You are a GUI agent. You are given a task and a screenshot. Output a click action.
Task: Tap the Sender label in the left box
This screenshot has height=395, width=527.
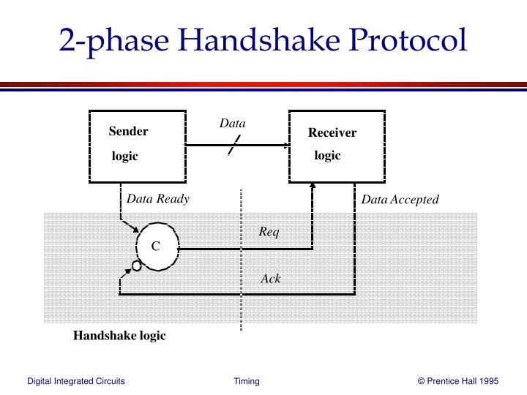(x=128, y=132)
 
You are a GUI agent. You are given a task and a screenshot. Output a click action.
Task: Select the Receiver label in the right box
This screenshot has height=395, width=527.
(x=332, y=132)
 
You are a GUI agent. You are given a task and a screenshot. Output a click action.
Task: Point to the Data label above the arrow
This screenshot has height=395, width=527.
(x=232, y=124)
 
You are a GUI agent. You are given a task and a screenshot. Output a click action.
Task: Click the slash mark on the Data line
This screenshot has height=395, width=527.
(x=232, y=146)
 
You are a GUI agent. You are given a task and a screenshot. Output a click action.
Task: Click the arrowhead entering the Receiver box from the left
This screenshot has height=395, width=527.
(x=285, y=145)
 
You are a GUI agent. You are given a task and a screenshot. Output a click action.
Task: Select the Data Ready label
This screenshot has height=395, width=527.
(x=157, y=198)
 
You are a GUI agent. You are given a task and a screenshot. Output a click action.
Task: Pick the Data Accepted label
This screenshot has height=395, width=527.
(x=400, y=199)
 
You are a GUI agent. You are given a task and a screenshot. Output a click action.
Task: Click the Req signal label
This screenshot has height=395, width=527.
(x=269, y=232)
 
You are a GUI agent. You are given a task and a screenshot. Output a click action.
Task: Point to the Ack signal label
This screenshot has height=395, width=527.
(x=271, y=279)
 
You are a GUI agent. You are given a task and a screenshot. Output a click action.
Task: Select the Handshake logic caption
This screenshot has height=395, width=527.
(x=119, y=336)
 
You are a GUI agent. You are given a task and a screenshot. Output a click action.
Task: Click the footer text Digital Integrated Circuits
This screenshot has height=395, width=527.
(x=76, y=381)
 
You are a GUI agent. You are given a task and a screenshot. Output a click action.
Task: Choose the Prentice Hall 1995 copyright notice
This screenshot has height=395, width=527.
(x=457, y=381)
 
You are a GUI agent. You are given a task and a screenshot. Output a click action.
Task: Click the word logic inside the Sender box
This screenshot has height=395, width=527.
(x=124, y=157)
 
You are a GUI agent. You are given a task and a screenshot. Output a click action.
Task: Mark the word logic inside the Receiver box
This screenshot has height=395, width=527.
(x=327, y=156)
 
